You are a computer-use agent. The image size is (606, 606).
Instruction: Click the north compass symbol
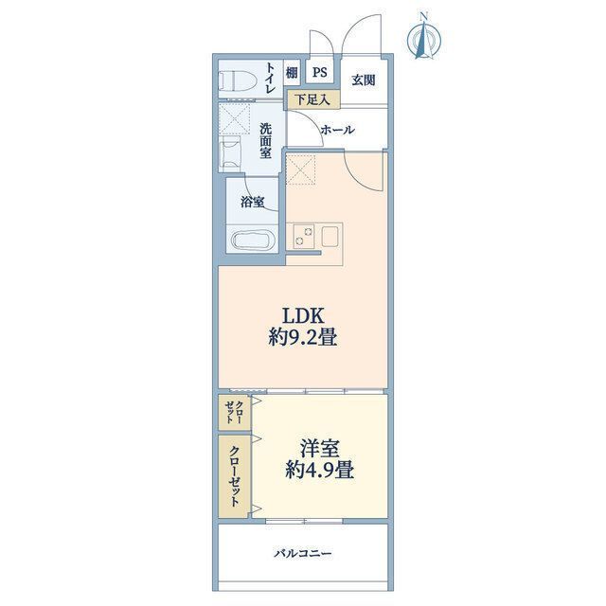pyautogui.click(x=424, y=37)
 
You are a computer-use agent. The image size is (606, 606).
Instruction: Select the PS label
pyautogui.click(x=320, y=72)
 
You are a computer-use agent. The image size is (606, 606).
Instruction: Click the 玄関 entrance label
pyautogui.click(x=364, y=80)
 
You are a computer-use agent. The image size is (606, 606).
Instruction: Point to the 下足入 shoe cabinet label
pyautogui.click(x=313, y=99)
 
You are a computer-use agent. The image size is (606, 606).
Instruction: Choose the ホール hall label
pyautogui.click(x=337, y=130)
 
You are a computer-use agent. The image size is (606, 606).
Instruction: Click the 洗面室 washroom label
pyautogui.click(x=265, y=141)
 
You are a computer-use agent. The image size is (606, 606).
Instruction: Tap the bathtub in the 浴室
pyautogui.click(x=253, y=241)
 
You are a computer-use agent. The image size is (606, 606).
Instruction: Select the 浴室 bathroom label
pyautogui.click(x=253, y=202)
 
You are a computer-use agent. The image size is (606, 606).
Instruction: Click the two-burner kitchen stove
pyautogui.click(x=303, y=236)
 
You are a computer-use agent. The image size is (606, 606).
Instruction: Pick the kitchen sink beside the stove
pyautogui.click(x=330, y=236)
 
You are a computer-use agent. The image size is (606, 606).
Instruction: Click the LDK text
pyautogui.click(x=303, y=316)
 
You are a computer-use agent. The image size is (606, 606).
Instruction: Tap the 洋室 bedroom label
pyautogui.click(x=320, y=449)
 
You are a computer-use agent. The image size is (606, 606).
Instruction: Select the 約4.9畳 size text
pyautogui.click(x=320, y=471)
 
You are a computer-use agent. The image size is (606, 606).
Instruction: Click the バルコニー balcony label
pyautogui.click(x=303, y=554)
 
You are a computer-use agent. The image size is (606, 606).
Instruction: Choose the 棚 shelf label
pyautogui.click(x=292, y=72)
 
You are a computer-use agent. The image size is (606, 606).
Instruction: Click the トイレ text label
pyautogui.click(x=269, y=79)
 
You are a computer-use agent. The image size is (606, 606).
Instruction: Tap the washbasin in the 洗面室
pyautogui.click(x=230, y=153)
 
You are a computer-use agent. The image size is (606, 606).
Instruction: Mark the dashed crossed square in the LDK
pyautogui.click(x=301, y=169)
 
